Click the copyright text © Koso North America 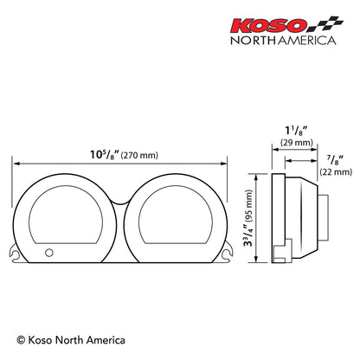pos(71,340)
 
